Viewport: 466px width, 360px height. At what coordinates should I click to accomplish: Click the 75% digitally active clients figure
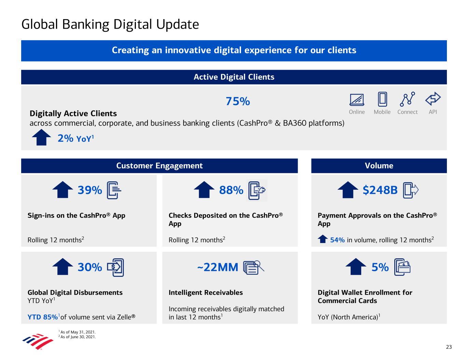click(238, 101)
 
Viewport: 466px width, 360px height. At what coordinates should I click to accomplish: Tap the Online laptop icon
click(357, 100)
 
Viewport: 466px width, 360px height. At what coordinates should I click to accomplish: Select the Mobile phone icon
click(382, 99)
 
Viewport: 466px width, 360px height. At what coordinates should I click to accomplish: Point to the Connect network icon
click(407, 99)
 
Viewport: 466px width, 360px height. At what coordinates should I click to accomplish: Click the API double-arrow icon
click(433, 99)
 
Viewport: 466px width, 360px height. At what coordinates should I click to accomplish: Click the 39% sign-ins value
click(90, 190)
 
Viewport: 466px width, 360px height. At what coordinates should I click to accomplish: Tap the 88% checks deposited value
click(231, 190)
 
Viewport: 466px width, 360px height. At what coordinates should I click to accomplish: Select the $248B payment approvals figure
click(380, 190)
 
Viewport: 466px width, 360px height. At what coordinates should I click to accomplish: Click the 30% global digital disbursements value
click(90, 267)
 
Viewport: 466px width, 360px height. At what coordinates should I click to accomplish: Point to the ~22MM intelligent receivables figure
click(218, 267)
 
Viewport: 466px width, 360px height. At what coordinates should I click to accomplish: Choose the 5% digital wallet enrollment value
click(380, 267)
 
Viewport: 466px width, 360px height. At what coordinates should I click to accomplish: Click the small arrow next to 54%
click(323, 239)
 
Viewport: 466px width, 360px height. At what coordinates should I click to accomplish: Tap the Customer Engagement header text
click(159, 166)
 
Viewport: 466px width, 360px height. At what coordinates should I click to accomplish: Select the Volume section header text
click(379, 166)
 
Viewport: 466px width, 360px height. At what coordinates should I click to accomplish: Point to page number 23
click(449, 347)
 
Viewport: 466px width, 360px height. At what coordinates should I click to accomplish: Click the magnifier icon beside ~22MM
click(254, 267)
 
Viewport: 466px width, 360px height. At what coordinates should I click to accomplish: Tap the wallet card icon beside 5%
click(403, 267)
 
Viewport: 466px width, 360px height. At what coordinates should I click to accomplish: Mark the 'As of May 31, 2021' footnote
click(78, 332)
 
